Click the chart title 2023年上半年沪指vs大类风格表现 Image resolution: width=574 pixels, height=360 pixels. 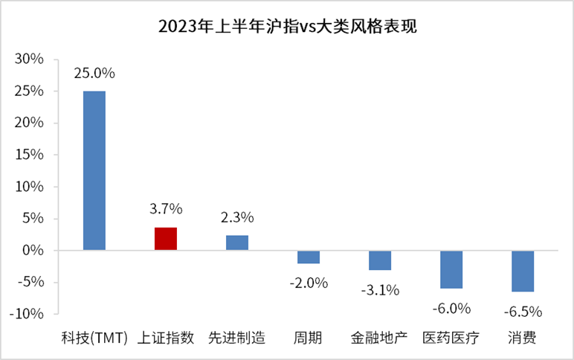[287, 28]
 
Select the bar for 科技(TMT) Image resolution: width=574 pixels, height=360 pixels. [94, 170]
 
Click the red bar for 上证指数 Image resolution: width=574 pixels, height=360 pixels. [165, 238]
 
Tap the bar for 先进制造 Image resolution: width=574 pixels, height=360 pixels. [236, 242]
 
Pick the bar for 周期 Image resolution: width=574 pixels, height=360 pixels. [309, 257]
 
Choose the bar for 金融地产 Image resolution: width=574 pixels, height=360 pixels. [380, 260]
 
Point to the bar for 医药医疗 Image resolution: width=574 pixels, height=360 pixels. [451, 269]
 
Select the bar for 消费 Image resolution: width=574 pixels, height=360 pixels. [523, 271]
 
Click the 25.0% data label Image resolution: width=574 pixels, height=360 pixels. [94, 74]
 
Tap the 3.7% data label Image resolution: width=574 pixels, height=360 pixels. [165, 209]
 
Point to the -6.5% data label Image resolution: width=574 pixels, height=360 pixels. [523, 310]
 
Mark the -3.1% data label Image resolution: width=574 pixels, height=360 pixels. [380, 289]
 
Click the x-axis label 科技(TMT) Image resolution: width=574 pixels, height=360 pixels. [94, 338]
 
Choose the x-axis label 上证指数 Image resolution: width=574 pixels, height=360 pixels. [165, 338]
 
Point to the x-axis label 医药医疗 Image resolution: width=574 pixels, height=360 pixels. [451, 338]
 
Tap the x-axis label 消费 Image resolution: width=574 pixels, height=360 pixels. [523, 338]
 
